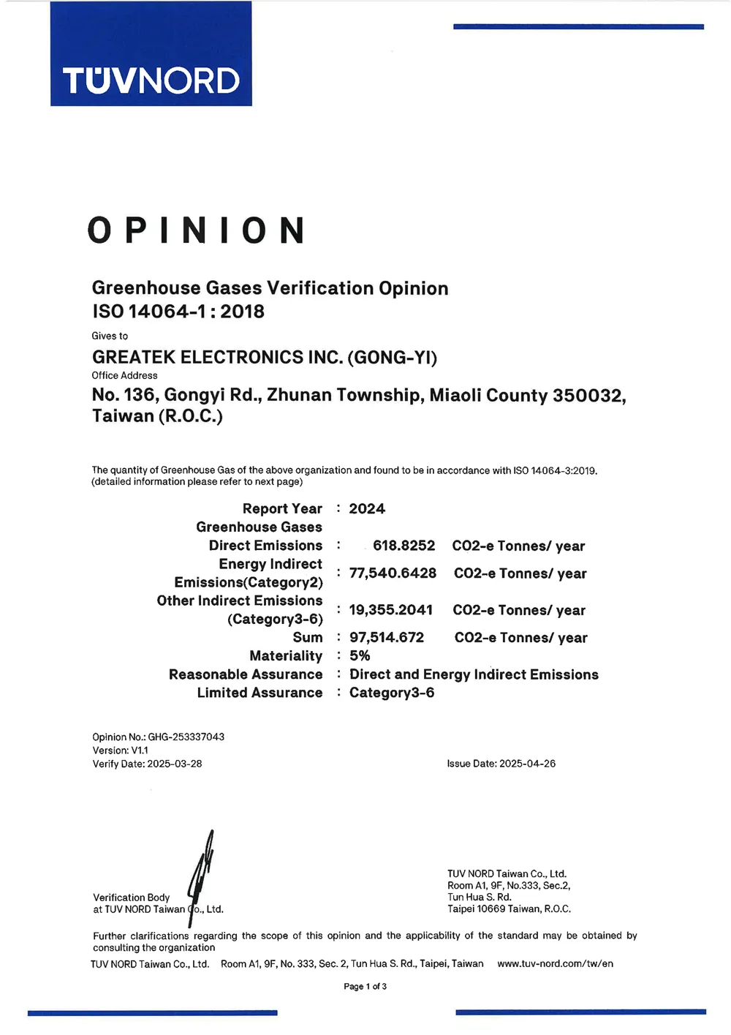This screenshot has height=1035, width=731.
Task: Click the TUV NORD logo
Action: point(151,80)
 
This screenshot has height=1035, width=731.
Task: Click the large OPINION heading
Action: point(196,231)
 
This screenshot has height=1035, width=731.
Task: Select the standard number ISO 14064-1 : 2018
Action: point(178,312)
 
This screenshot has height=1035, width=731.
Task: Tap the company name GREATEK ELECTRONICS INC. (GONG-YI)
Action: point(265,358)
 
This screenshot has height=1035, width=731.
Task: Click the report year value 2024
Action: point(367,509)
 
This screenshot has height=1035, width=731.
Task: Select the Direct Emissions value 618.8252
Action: point(404,546)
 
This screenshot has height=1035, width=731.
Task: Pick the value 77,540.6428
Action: point(393,573)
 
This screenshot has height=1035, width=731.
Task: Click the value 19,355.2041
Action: point(391,610)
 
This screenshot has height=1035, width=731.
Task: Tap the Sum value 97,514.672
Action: point(387,638)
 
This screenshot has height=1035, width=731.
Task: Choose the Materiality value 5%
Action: point(360,656)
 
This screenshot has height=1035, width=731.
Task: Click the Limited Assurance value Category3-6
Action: point(392,693)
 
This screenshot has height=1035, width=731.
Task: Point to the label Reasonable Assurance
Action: point(246,674)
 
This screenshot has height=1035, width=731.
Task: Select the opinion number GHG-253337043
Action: point(186,737)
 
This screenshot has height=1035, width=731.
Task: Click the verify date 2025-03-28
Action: point(175,764)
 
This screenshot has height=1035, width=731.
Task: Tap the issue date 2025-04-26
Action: point(528,764)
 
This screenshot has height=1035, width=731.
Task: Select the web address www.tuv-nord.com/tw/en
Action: point(556,964)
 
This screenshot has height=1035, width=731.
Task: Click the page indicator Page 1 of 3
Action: point(365,987)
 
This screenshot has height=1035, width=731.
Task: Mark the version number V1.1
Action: point(140,750)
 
